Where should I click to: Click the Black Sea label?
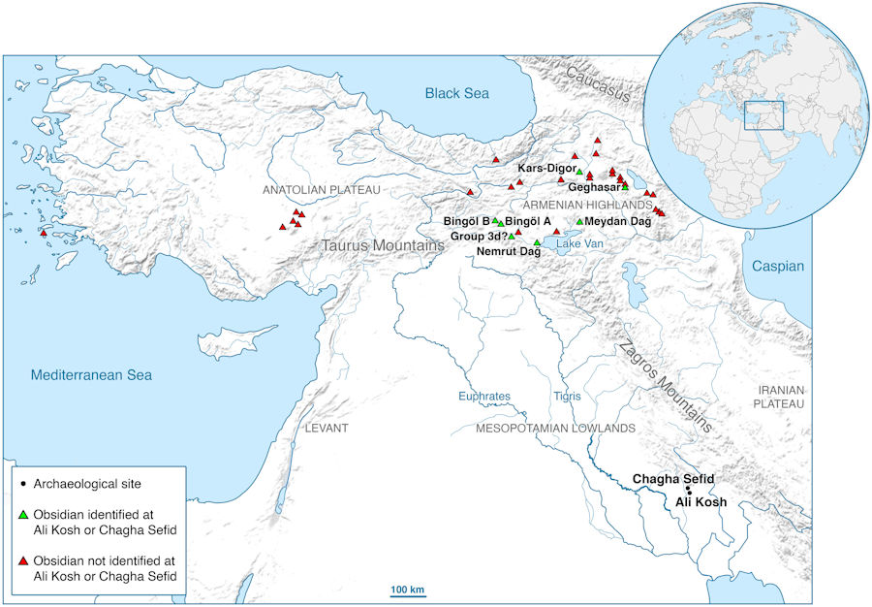[457, 93]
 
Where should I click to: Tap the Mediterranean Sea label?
[90, 375]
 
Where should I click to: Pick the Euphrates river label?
[484, 396]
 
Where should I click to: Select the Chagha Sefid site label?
[673, 480]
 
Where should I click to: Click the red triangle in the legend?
[22, 561]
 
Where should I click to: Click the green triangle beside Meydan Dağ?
[579, 221]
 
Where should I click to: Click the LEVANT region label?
[326, 428]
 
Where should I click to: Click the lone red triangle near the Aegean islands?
[44, 233]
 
